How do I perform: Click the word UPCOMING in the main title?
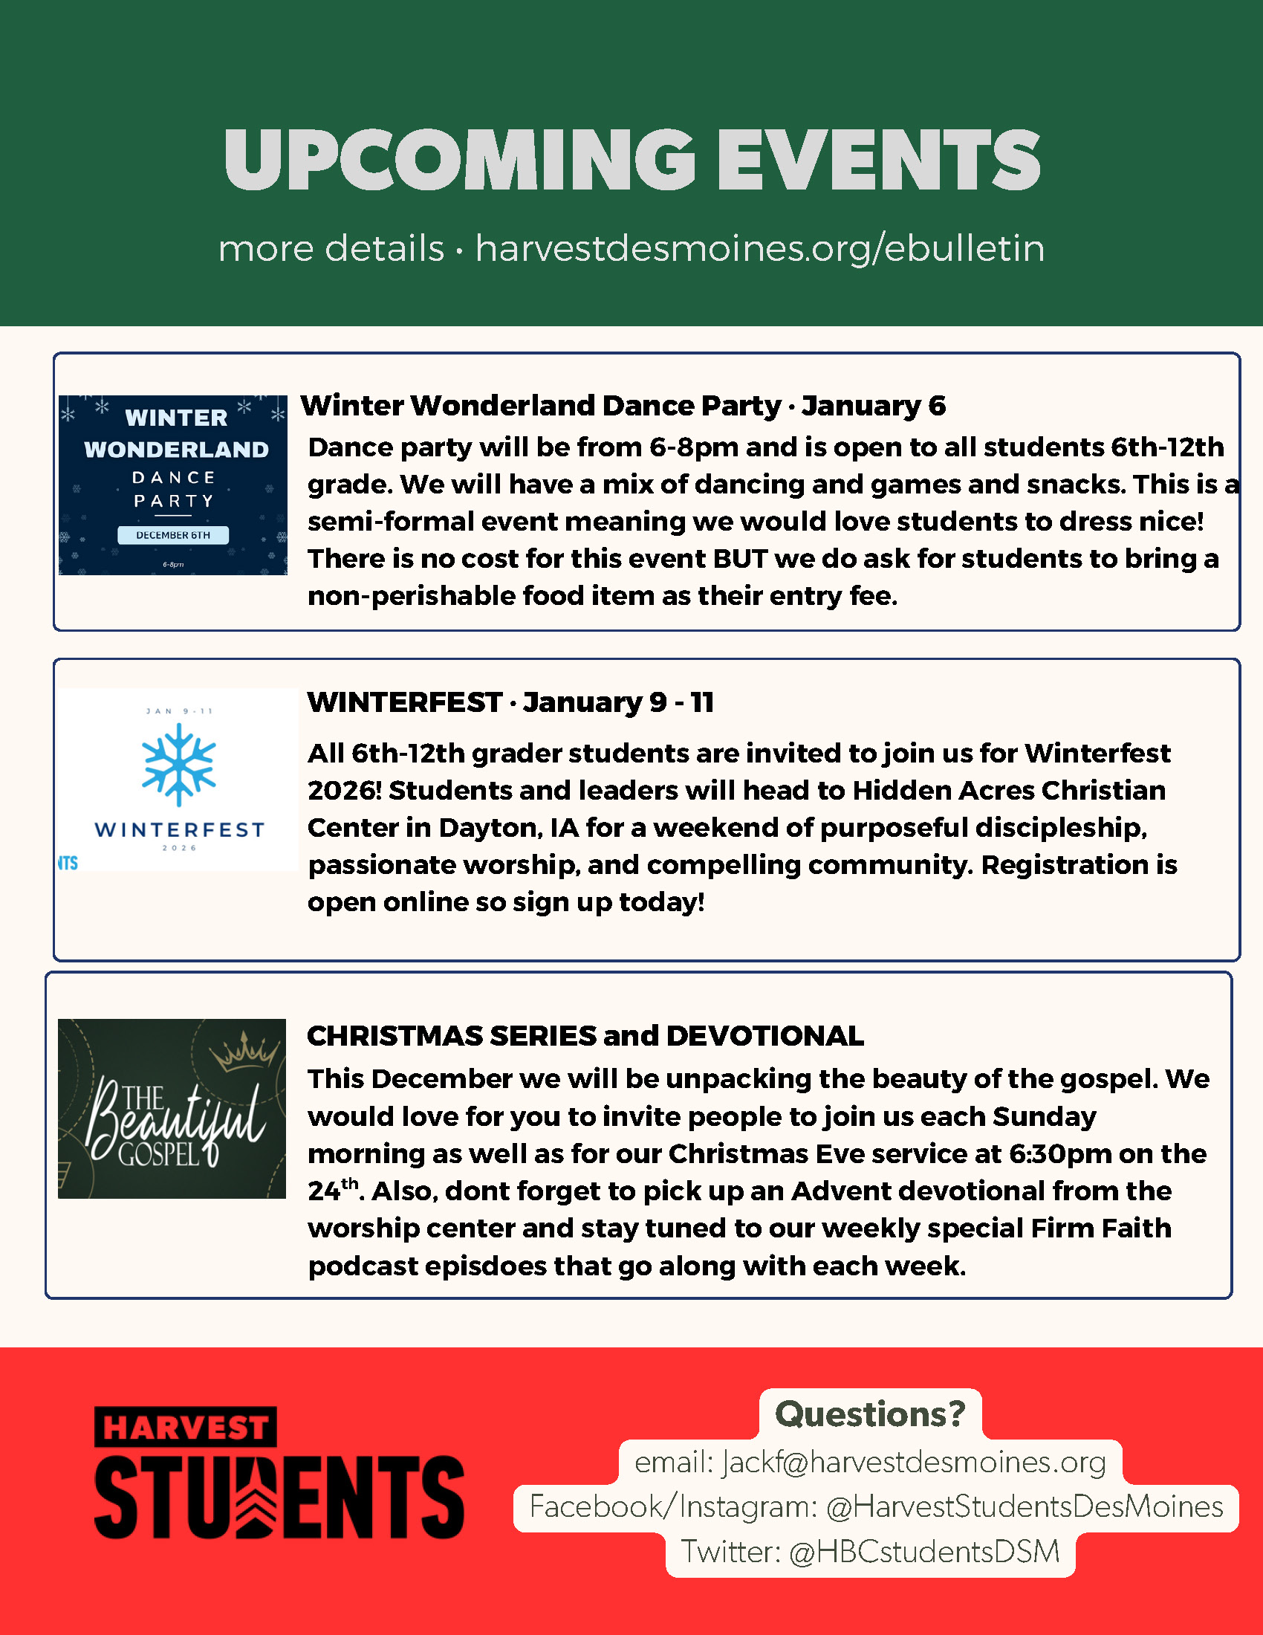tap(459, 159)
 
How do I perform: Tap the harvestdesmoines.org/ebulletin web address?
tap(759, 248)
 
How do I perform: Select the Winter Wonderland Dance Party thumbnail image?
tap(173, 485)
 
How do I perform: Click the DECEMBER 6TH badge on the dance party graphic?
tap(173, 535)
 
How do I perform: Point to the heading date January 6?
tap(873, 406)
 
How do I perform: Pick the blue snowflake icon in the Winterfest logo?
tap(179, 764)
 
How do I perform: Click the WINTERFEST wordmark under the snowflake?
tap(180, 829)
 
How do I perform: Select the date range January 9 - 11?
tap(618, 702)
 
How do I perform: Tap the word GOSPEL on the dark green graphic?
tap(159, 1153)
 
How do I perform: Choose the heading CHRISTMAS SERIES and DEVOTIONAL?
tap(585, 1036)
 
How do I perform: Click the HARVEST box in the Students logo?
tap(186, 1427)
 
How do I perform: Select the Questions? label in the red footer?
tap(870, 1414)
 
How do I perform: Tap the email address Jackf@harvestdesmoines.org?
tap(914, 1462)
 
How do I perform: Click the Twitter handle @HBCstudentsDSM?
tap(924, 1552)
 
